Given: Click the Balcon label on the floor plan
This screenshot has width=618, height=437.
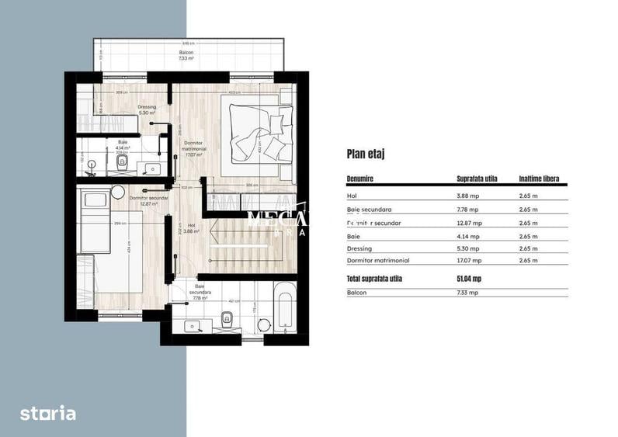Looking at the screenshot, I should point(185,55).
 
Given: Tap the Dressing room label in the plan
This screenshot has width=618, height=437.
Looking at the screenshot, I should point(147,109).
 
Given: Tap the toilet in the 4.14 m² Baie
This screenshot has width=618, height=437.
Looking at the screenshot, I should point(122,162).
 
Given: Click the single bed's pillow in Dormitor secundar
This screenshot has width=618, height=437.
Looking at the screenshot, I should point(95,200).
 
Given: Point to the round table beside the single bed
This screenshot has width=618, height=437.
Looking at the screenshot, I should point(118,192).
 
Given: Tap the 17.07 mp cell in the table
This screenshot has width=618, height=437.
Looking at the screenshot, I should point(468,261).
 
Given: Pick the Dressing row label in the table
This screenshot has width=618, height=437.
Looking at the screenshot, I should point(359,248).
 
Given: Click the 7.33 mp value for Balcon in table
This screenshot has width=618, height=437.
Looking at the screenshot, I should point(467,293).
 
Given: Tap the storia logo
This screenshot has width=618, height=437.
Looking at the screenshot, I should point(48,413).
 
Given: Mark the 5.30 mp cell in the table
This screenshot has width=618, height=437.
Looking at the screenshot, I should point(467,248).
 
